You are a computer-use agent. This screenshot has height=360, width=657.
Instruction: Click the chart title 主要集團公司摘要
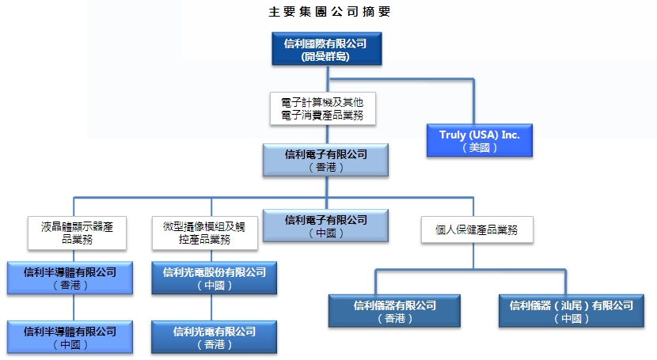click(x=328, y=12)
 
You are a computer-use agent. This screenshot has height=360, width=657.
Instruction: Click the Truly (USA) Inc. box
click(x=480, y=141)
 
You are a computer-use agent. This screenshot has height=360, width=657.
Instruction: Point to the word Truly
click(x=454, y=135)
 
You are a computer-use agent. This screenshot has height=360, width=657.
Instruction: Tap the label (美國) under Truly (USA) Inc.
click(x=480, y=148)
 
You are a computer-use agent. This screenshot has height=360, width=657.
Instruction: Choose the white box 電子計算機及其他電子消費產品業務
click(x=321, y=108)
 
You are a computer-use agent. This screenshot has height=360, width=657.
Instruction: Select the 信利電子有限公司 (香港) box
click(x=325, y=160)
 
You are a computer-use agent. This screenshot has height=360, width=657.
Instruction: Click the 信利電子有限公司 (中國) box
click(x=325, y=225)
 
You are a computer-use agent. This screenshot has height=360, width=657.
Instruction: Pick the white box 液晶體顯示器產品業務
click(x=78, y=231)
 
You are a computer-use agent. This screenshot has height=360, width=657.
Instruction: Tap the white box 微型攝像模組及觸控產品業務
click(x=198, y=231)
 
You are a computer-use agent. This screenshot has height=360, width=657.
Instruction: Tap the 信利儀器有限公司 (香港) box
click(x=394, y=311)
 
